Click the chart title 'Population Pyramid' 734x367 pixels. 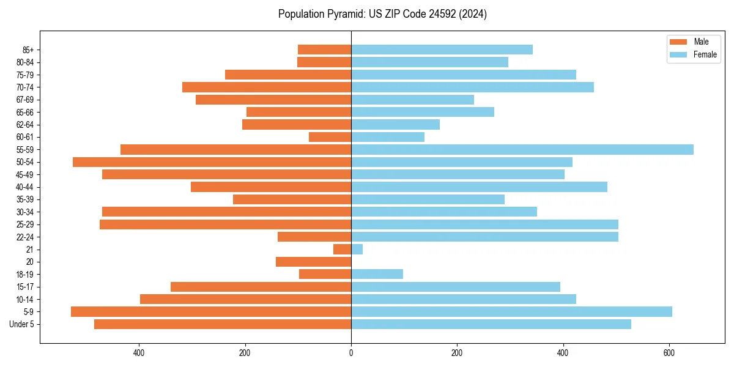click(382, 14)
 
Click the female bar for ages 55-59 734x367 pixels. click(522, 149)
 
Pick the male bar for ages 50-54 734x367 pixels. click(212, 162)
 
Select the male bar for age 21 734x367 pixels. click(342, 249)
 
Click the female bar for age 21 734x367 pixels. click(357, 249)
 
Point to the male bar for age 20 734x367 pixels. click(313, 262)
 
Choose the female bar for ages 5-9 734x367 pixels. click(511, 311)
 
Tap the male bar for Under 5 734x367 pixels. click(223, 324)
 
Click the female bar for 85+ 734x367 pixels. click(442, 50)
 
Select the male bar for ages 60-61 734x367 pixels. click(330, 137)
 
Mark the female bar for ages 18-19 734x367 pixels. click(377, 274)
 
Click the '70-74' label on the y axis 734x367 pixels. click(25, 87)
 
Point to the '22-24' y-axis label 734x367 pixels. click(25, 237)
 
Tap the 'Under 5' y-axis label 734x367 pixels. click(22, 324)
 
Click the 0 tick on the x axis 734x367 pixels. click(351, 353)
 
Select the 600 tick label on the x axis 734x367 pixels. click(669, 353)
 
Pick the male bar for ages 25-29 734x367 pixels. click(225, 224)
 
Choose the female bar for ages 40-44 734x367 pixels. click(479, 187)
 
